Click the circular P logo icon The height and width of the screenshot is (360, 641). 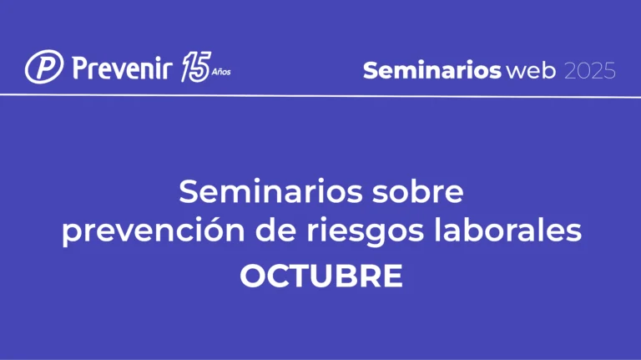(x=43, y=68)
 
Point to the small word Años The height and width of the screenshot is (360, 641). (x=220, y=73)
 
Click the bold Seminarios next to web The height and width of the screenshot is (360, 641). (x=432, y=71)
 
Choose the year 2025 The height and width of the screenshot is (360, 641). (x=590, y=71)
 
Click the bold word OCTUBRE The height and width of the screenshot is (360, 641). (x=320, y=276)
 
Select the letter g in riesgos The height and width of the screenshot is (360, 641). (x=364, y=236)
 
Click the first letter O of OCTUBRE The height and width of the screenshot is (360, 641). (x=254, y=276)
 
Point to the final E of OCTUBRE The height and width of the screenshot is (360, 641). (x=391, y=276)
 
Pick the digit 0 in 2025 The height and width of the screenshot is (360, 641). (x=583, y=71)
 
